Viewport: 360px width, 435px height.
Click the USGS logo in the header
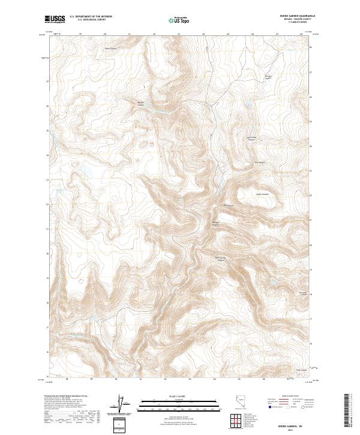[x=55, y=20]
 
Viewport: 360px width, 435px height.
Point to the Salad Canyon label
[x=112, y=48]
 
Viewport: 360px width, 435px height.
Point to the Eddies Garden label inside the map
[x=269, y=78]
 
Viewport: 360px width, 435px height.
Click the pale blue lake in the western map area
[x=89, y=175]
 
